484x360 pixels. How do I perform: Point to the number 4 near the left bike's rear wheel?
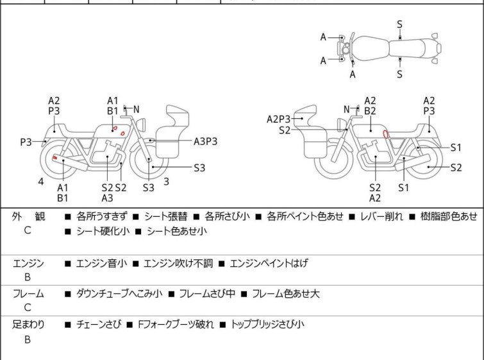tap(40, 182)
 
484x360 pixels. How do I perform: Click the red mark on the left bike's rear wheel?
tap(55, 158)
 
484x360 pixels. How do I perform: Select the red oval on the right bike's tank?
tap(386, 134)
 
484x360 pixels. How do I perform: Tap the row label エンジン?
tap(28, 263)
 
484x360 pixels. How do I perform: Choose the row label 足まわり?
tap(28, 325)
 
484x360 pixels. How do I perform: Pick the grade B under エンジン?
tap(28, 278)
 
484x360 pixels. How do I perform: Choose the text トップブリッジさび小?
tap(266, 325)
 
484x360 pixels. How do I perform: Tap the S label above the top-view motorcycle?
tap(399, 24)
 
